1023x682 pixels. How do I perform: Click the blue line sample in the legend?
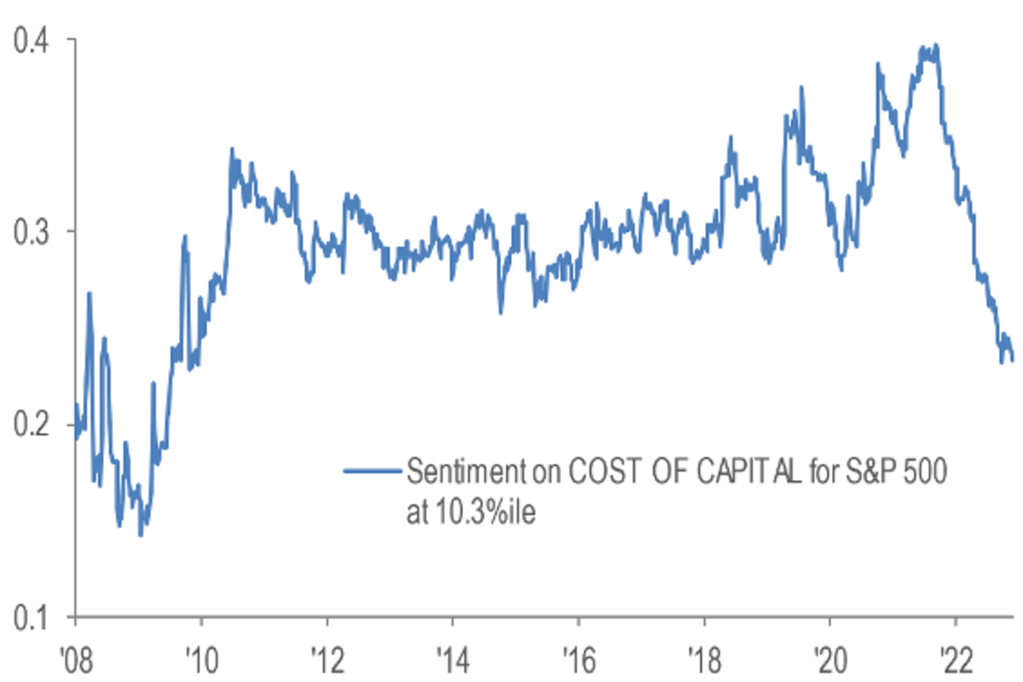point(373,471)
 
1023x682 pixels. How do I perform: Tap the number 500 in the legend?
point(922,471)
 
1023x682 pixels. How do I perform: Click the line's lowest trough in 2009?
point(141,535)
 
